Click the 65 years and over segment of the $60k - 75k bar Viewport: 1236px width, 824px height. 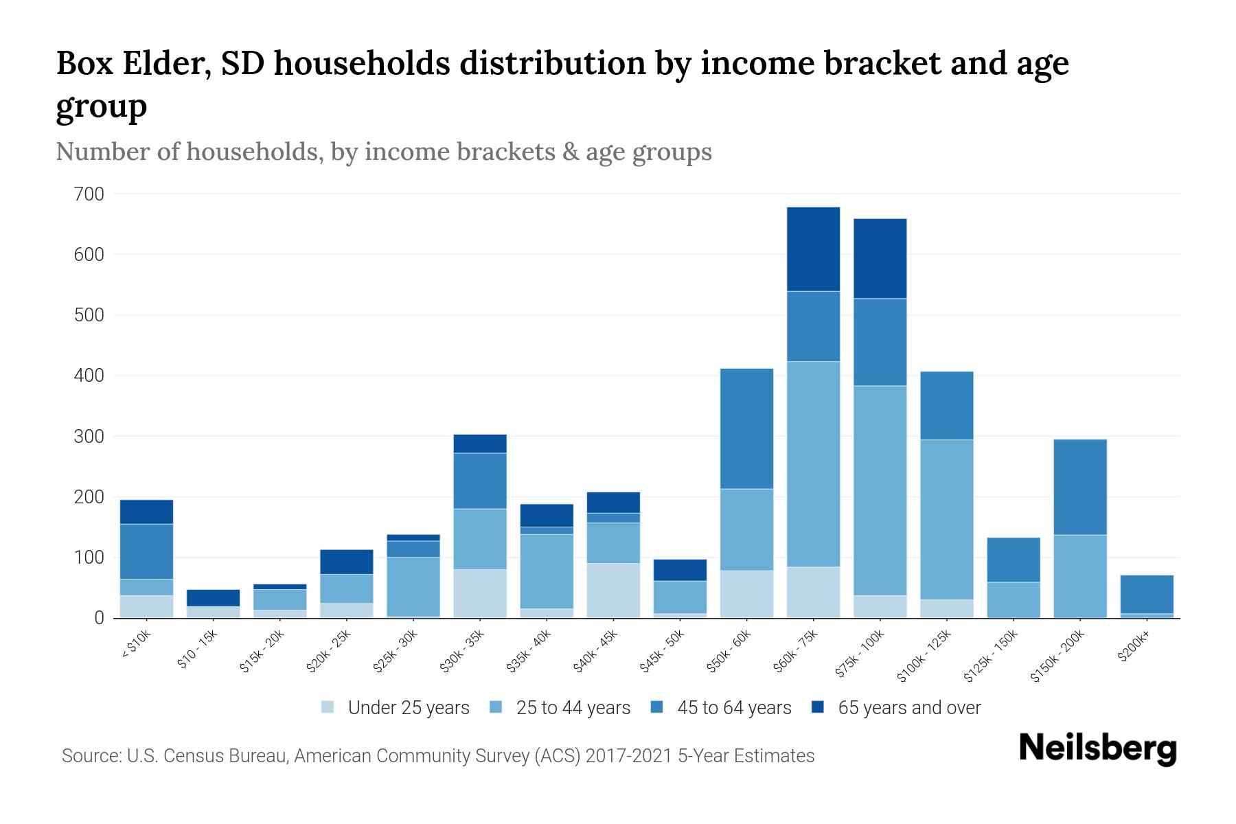pos(813,249)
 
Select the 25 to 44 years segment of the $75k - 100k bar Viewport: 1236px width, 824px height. pos(880,490)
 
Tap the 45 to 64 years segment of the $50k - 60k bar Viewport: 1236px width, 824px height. pos(746,428)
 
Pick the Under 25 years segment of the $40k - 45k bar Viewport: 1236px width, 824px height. pos(613,591)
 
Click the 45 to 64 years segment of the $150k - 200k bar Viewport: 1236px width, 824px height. pos(1080,487)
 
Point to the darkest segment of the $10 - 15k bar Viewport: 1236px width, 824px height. pos(213,597)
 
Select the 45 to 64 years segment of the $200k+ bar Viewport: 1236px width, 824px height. pos(1147,594)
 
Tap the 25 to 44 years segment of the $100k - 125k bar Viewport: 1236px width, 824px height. pos(946,520)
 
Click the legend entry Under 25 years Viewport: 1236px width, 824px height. pos(408,708)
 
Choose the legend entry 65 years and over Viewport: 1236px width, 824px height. pos(908,708)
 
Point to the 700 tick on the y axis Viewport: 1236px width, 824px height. pos(89,194)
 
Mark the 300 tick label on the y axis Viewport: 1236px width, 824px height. pos(89,437)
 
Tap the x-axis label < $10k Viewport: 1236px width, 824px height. pos(135,645)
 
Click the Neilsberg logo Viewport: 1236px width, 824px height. pos(1097,749)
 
